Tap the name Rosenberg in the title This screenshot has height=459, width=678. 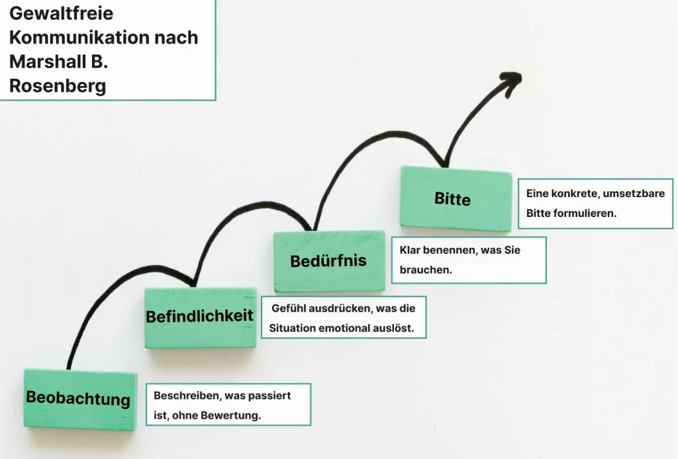(58, 86)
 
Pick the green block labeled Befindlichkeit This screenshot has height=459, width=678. (199, 317)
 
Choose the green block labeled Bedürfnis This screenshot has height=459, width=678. (328, 261)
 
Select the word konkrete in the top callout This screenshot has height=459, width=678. (576, 194)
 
